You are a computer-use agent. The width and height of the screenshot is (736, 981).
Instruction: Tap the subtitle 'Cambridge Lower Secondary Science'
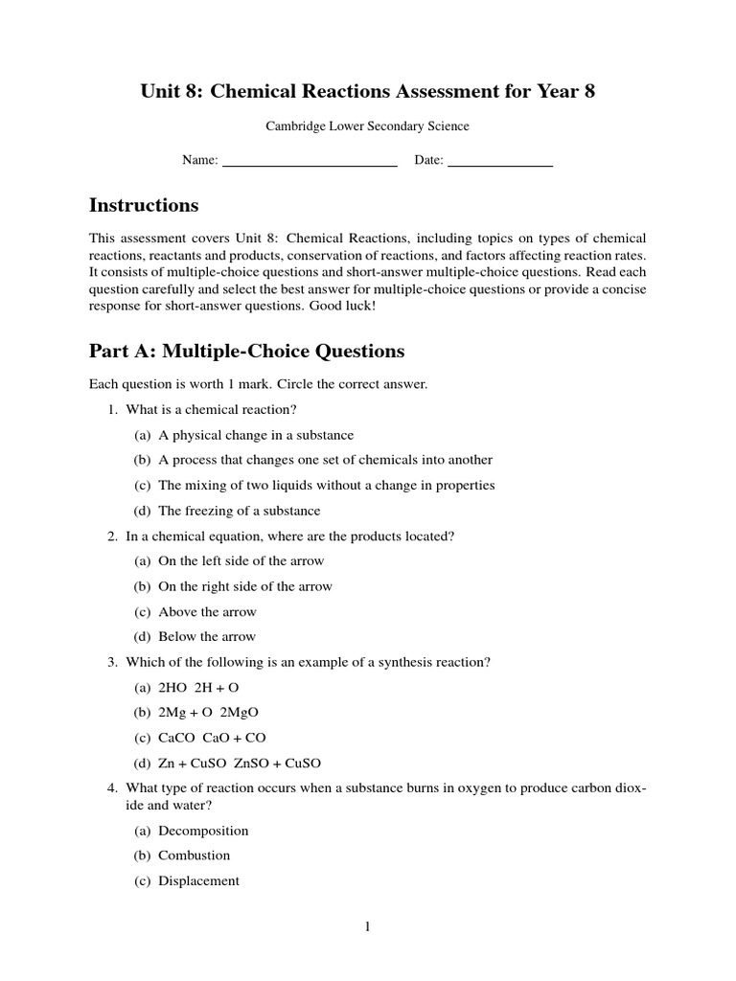pyautogui.click(x=367, y=125)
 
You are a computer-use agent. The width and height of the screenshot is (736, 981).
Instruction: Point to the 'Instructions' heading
pyautogui.click(x=144, y=205)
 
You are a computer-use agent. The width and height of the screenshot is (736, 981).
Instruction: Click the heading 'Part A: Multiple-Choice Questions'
pyautogui.click(x=246, y=351)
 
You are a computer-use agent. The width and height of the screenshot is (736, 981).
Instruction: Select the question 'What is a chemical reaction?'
pyautogui.click(x=209, y=410)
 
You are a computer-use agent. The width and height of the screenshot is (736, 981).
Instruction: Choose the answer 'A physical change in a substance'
pyautogui.click(x=256, y=435)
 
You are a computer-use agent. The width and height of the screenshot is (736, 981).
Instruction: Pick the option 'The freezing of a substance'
pyautogui.click(x=239, y=511)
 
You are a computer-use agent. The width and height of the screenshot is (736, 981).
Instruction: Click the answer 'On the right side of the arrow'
pyautogui.click(x=245, y=586)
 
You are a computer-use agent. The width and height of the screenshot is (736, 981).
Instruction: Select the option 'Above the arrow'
pyautogui.click(x=207, y=611)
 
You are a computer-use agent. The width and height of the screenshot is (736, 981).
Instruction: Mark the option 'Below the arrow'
pyautogui.click(x=207, y=636)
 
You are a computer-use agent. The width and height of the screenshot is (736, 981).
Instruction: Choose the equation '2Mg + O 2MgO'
pyautogui.click(x=208, y=713)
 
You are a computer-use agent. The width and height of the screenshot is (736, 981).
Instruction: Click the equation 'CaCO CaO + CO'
pyautogui.click(x=212, y=738)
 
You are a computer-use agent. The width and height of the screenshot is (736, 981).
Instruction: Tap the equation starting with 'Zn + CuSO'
pyautogui.click(x=240, y=764)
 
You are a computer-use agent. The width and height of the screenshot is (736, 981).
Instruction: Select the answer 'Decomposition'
pyautogui.click(x=203, y=831)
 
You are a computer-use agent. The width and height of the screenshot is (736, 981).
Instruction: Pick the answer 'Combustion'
pyautogui.click(x=195, y=856)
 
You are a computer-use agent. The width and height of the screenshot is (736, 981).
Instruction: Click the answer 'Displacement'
pyautogui.click(x=198, y=881)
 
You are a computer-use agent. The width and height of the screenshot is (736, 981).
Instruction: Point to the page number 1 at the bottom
pyautogui.click(x=367, y=926)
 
